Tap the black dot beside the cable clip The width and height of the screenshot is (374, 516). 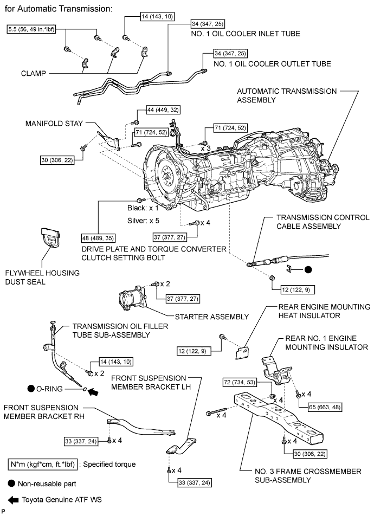[x=307, y=269]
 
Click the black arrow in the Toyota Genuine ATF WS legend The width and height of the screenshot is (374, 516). [x=12, y=499]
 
